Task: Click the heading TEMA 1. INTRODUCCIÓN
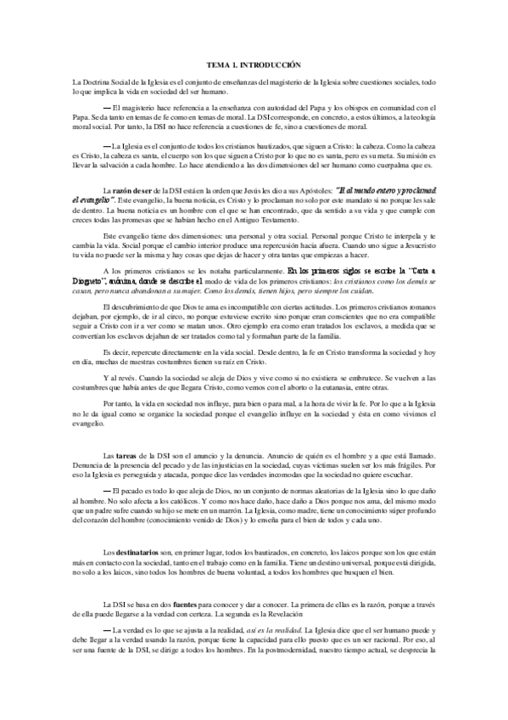(x=254, y=65)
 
